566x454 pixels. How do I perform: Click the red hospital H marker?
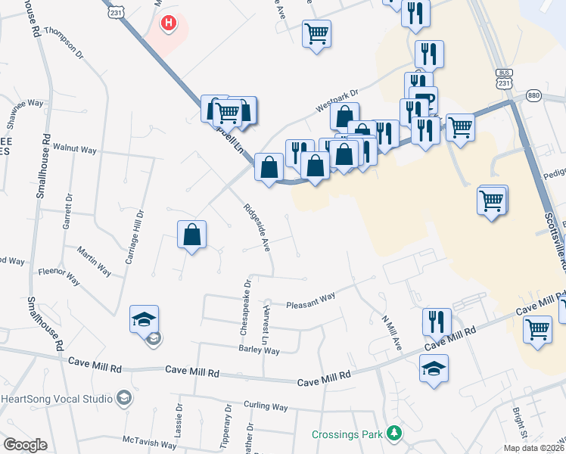[x=169, y=24]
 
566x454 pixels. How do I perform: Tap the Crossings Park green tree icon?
[x=393, y=434]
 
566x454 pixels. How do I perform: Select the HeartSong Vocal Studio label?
[x=58, y=399]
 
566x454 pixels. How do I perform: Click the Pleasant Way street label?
[x=310, y=301]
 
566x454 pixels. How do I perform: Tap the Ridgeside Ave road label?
[x=257, y=226]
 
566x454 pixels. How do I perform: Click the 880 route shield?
[x=534, y=95]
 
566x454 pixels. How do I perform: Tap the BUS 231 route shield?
[x=505, y=78]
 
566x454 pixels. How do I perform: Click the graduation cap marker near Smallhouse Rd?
[x=145, y=320]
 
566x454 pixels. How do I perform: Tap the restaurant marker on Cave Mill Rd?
[x=437, y=321]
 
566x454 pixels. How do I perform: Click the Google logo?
[x=25, y=445]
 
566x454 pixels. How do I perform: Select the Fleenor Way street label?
[x=59, y=274]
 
